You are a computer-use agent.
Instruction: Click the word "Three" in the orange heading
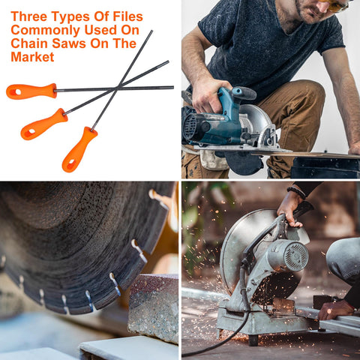(29, 16)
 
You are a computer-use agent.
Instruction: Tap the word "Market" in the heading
(32, 57)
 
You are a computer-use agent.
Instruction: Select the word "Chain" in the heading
(29, 43)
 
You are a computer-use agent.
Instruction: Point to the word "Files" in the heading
(127, 16)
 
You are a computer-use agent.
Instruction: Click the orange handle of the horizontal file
(31, 91)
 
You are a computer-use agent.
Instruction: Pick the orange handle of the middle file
(44, 124)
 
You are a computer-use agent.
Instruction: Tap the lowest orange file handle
(79, 150)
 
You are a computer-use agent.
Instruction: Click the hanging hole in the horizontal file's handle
(16, 92)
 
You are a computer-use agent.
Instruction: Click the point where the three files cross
(117, 88)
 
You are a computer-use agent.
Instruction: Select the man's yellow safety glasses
(334, 5)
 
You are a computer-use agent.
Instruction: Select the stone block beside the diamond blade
(153, 307)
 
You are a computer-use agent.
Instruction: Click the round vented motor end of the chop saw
(296, 256)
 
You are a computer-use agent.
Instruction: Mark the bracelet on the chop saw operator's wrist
(297, 193)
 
